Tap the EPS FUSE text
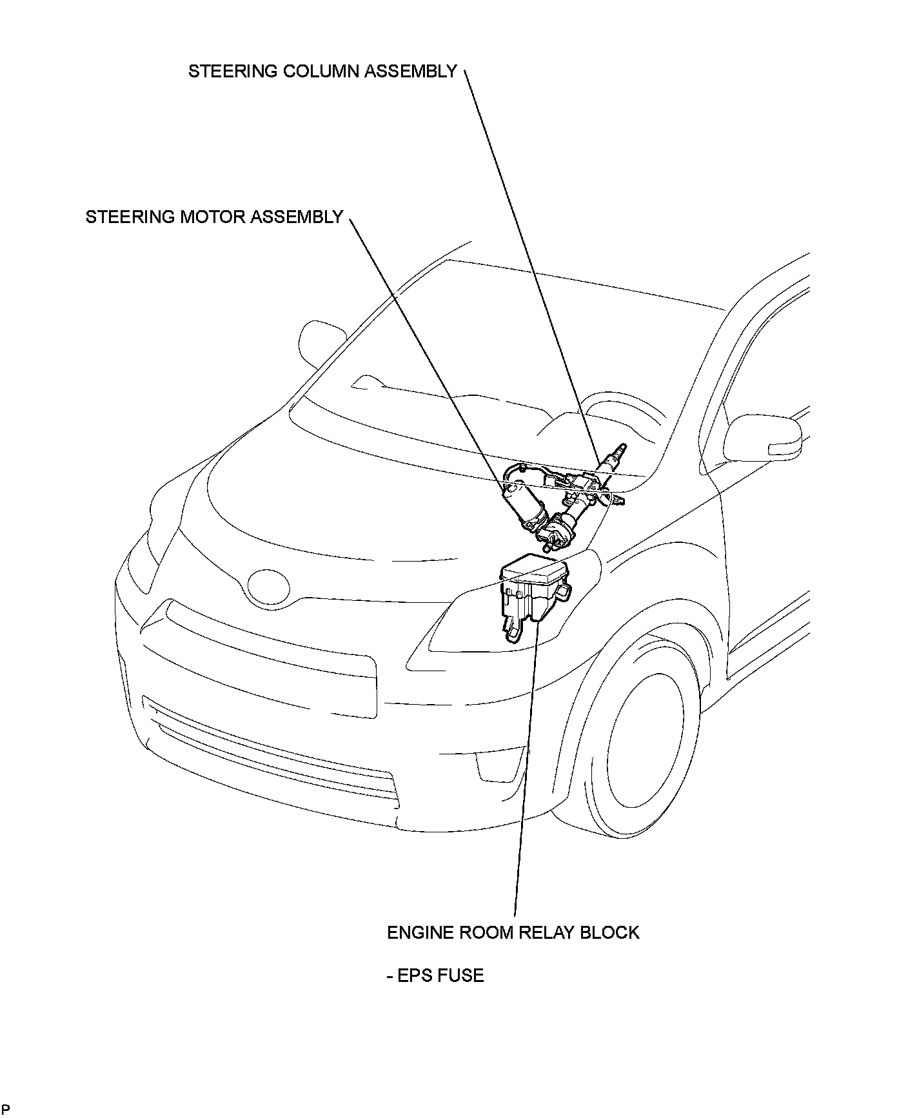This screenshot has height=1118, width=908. (x=440, y=975)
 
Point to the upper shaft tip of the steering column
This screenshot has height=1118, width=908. (x=620, y=448)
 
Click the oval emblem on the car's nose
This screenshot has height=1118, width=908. (x=268, y=586)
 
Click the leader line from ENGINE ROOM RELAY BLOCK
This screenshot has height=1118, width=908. (x=526, y=774)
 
